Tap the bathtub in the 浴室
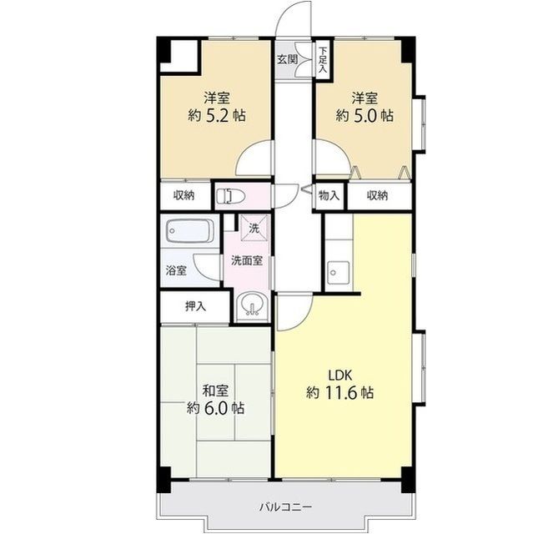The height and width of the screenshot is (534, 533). coord(190,231)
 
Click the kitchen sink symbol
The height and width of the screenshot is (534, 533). coord(338,273)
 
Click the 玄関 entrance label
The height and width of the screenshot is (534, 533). coord(287,59)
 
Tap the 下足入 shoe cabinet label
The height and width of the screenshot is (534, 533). coord(323,60)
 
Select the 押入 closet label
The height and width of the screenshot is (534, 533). coord(196,306)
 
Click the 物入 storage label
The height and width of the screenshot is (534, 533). coord(329,195)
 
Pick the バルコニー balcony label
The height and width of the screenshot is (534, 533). coord(286,507)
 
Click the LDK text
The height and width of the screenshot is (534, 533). coord(339,375)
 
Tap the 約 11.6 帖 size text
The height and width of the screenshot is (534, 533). coord(339,393)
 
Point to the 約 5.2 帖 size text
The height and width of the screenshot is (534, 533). coord(217,116)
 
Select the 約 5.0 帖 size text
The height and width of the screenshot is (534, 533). coord(365,116)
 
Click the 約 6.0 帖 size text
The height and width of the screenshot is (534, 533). coord(215,407)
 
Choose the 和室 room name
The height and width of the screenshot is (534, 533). coord(215,390)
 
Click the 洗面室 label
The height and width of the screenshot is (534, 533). coord(247,260)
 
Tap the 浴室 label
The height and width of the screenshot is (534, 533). coord(176,270)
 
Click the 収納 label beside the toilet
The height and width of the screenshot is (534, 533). coord(184,195)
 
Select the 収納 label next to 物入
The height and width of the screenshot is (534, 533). coord(377,195)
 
